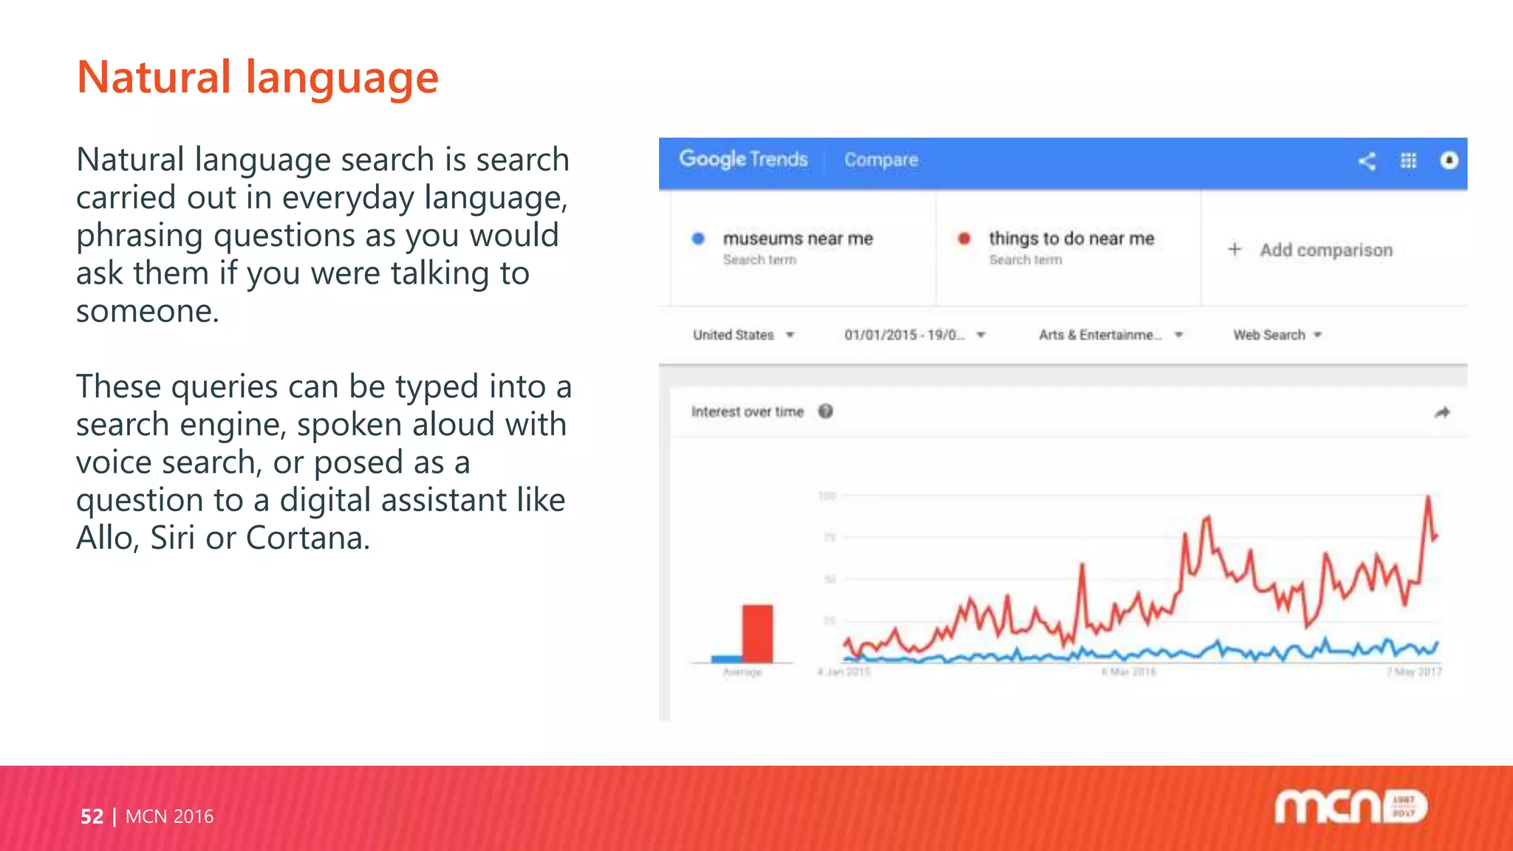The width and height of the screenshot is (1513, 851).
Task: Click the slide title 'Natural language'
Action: [257, 78]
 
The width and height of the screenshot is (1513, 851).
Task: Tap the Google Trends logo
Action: [743, 160]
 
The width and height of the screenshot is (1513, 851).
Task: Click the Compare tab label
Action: [881, 160]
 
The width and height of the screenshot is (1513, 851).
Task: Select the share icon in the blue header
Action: [1367, 161]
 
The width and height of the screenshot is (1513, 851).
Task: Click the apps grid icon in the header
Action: [1408, 161]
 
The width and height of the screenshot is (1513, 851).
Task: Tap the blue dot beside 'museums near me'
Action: [698, 239]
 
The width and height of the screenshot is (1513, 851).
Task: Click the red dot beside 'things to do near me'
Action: [964, 239]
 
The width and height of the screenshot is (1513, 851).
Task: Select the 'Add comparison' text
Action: [1325, 250]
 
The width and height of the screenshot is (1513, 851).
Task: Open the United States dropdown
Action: [743, 335]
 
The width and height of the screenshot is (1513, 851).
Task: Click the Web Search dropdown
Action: [1277, 335]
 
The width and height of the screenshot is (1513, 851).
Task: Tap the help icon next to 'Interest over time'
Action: [826, 411]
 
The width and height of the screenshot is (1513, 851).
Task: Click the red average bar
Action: [757, 633]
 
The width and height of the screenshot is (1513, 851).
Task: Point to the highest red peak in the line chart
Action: [1428, 498]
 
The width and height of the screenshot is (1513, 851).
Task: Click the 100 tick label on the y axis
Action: [827, 496]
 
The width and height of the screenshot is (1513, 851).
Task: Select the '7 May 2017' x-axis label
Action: [1413, 672]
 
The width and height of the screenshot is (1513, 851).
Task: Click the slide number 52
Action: [92, 816]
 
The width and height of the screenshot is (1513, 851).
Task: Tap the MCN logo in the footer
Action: [1350, 807]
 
